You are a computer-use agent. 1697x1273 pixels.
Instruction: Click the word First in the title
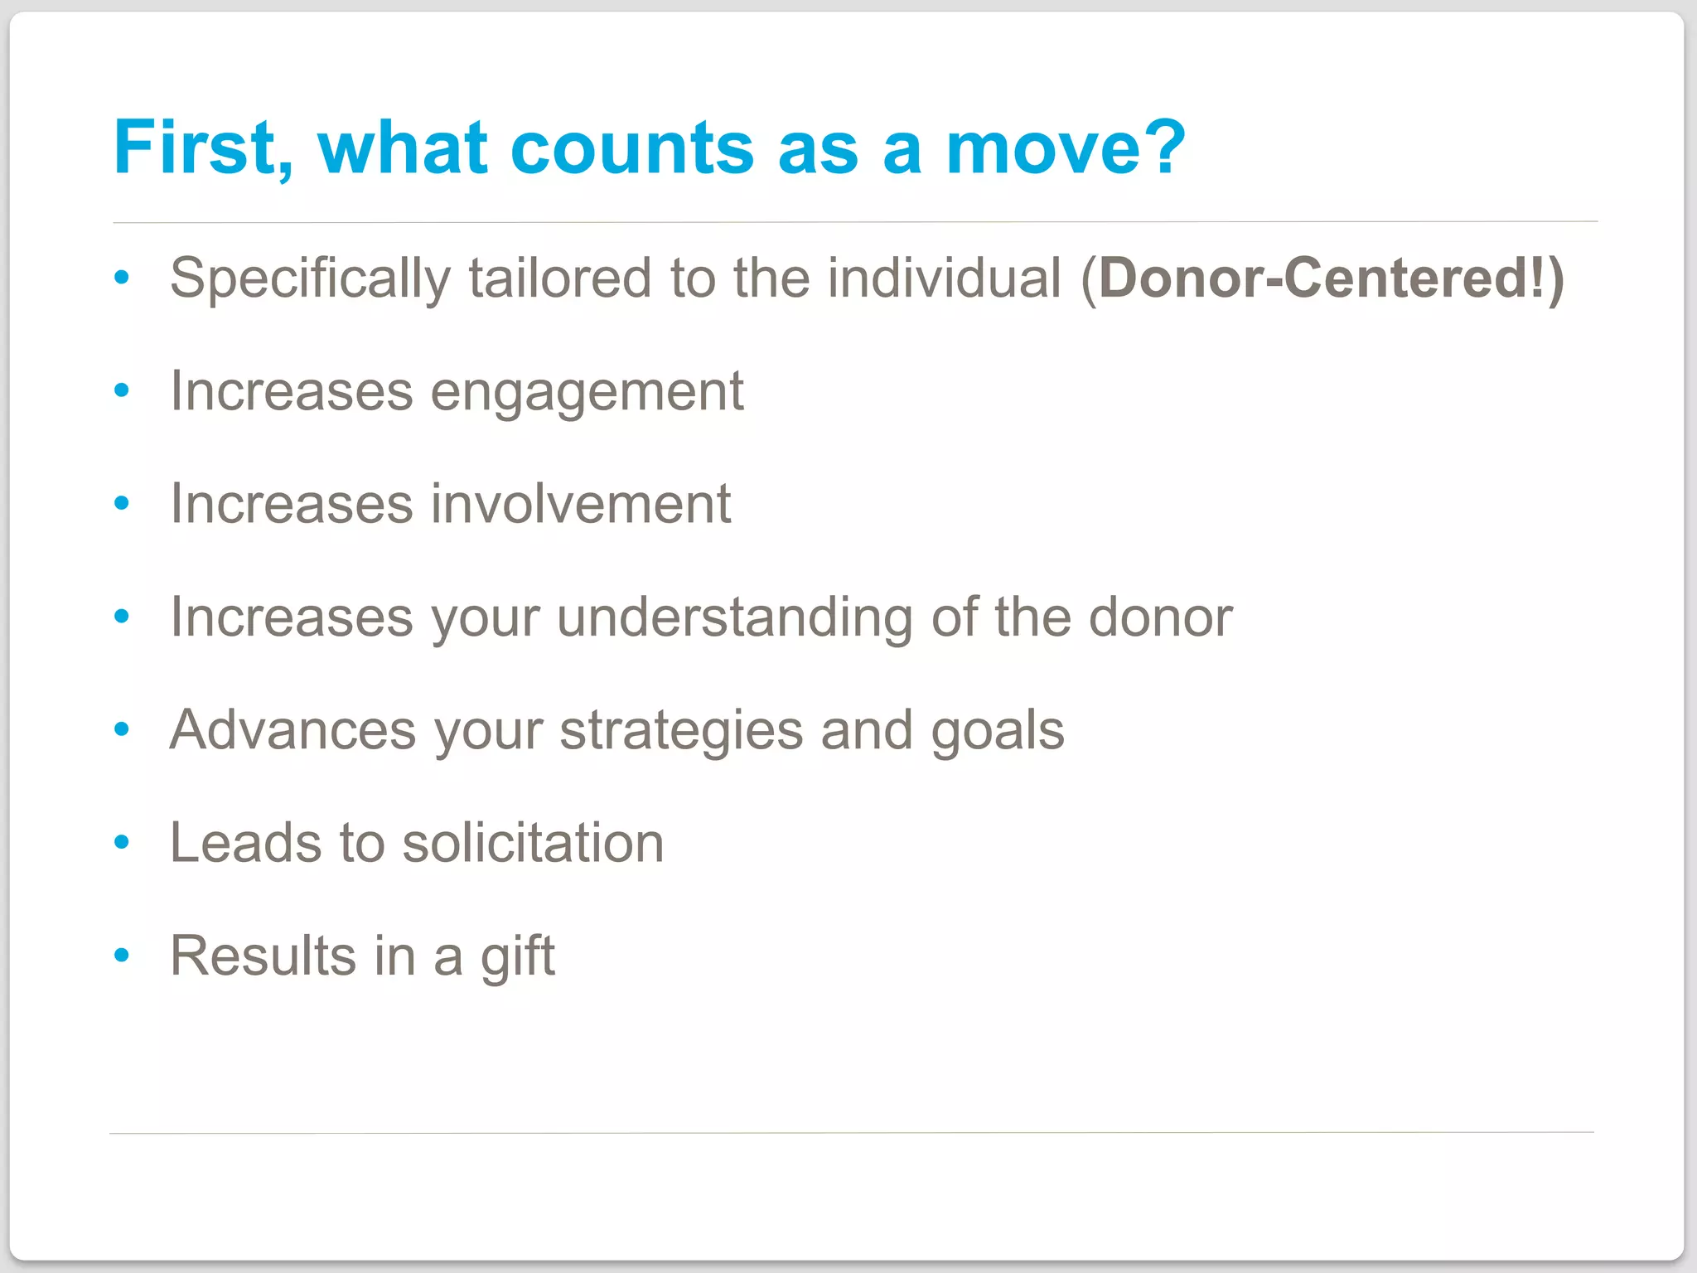[x=202, y=148]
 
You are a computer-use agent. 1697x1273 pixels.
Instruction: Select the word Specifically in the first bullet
[x=310, y=279]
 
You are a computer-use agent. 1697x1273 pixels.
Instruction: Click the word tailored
[x=560, y=278]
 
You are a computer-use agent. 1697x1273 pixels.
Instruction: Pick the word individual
[x=944, y=278]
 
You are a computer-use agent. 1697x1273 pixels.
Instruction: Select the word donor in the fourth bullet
[x=1160, y=618]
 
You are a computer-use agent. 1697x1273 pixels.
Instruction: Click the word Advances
[x=293, y=730]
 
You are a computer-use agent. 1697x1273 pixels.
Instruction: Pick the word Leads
[x=245, y=843]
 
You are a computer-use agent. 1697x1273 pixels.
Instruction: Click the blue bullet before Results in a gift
[x=122, y=956]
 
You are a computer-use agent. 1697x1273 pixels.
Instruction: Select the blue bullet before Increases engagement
[x=122, y=390]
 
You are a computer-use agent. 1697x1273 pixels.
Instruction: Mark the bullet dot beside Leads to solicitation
[x=122, y=842]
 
